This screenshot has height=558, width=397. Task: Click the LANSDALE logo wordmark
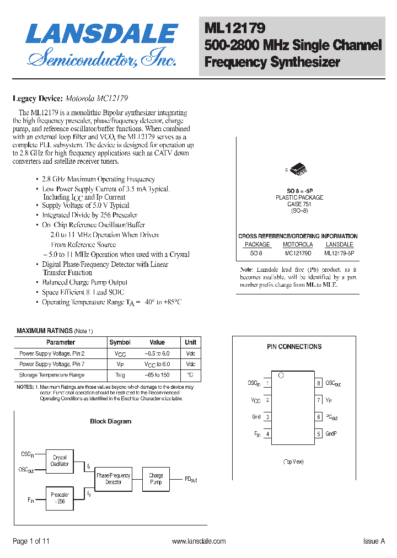[x=102, y=34]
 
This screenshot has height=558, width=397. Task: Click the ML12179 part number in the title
[x=235, y=28]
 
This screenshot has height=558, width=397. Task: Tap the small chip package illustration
[x=298, y=169]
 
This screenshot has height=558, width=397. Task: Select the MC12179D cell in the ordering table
[x=298, y=253]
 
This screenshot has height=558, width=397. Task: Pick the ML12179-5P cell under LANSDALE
[x=339, y=253]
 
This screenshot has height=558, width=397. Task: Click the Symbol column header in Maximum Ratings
[x=120, y=342]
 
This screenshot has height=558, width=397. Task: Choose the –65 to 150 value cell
[x=157, y=375]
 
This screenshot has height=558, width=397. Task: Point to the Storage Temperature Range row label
[x=52, y=375]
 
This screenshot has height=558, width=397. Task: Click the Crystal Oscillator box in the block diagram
[x=60, y=461]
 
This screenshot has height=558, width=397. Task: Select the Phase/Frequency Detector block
[x=114, y=479]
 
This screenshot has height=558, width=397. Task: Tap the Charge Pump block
[x=156, y=479]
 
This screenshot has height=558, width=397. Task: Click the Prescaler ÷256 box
[x=60, y=498]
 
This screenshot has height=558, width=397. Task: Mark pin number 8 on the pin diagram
[x=319, y=383]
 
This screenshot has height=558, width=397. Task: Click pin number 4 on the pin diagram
[x=267, y=434]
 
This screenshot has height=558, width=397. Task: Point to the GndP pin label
[x=331, y=434]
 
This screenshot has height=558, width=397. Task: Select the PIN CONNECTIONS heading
[x=294, y=347]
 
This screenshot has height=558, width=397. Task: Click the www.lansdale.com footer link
[x=198, y=541]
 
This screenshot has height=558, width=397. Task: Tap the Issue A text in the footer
[x=374, y=541]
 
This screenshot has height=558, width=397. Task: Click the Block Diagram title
[x=110, y=421]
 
